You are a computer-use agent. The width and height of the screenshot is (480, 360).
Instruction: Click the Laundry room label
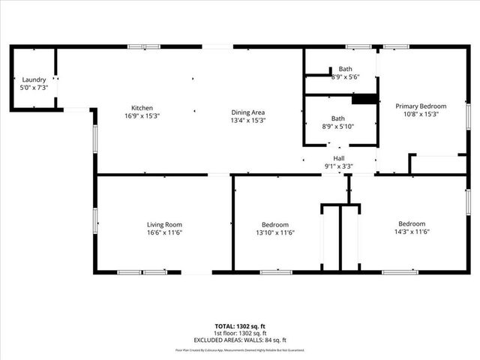[x=34, y=79]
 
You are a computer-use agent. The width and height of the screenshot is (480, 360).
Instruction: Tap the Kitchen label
[x=142, y=107]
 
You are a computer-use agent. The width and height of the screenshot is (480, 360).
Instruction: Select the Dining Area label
[x=248, y=112]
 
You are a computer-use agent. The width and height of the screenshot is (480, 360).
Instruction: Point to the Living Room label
[x=164, y=224]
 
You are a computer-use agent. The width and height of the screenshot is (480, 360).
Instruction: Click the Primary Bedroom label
[x=421, y=106]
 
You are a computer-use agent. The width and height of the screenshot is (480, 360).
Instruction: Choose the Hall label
[x=339, y=158]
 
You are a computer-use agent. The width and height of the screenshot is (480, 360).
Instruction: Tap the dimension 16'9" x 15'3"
[x=142, y=115]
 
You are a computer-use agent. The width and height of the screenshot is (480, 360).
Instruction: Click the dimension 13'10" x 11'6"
[x=275, y=232]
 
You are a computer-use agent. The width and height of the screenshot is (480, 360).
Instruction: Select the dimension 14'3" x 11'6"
[x=412, y=232]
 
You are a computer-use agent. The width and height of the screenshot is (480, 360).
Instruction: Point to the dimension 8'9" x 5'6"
[x=345, y=76]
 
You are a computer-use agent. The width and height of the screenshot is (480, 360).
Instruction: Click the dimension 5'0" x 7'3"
[x=34, y=88]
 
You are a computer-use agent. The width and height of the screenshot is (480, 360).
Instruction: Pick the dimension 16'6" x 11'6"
[x=164, y=232]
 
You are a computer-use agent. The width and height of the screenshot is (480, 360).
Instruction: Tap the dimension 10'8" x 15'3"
[x=421, y=115]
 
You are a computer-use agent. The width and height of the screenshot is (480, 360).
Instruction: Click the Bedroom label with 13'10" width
[x=275, y=224]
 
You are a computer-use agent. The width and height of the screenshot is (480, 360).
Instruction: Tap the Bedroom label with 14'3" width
[x=412, y=223]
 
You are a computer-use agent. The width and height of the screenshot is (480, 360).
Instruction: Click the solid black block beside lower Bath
[x=364, y=99]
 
